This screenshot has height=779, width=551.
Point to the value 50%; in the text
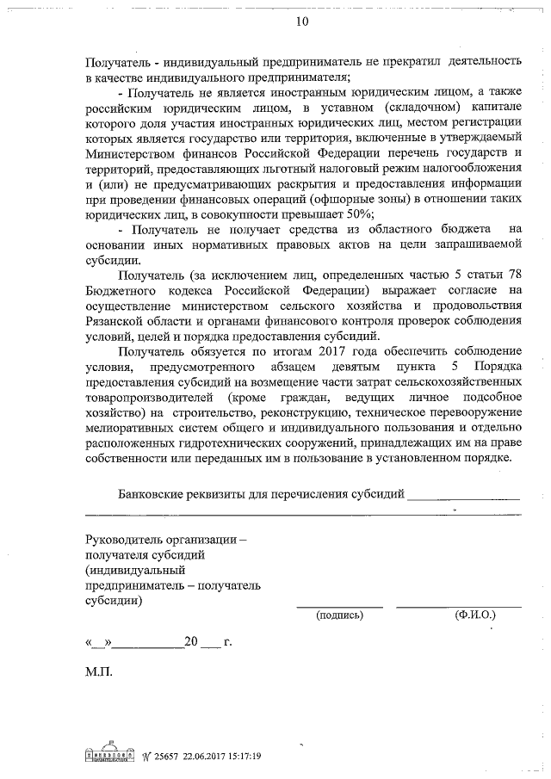coord(354,213)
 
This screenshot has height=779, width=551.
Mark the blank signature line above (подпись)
coord(340,606)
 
